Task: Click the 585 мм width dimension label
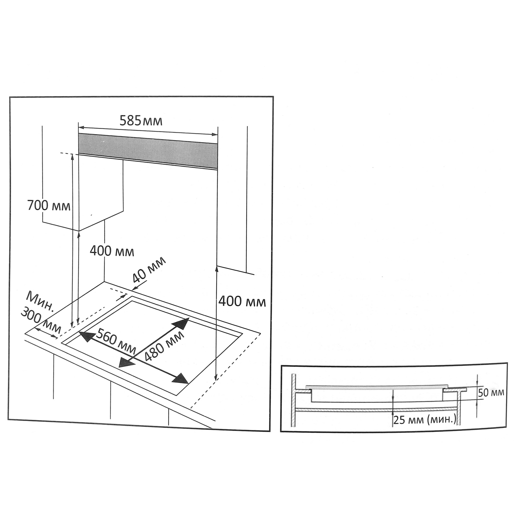pos(141,121)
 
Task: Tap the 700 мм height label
pos(49,206)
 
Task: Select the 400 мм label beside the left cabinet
pos(112,251)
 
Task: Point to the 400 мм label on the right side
pos(242,302)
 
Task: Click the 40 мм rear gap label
pos(149,271)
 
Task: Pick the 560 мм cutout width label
pos(116,342)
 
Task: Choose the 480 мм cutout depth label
pos(165,346)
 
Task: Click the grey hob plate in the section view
pos(377,387)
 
